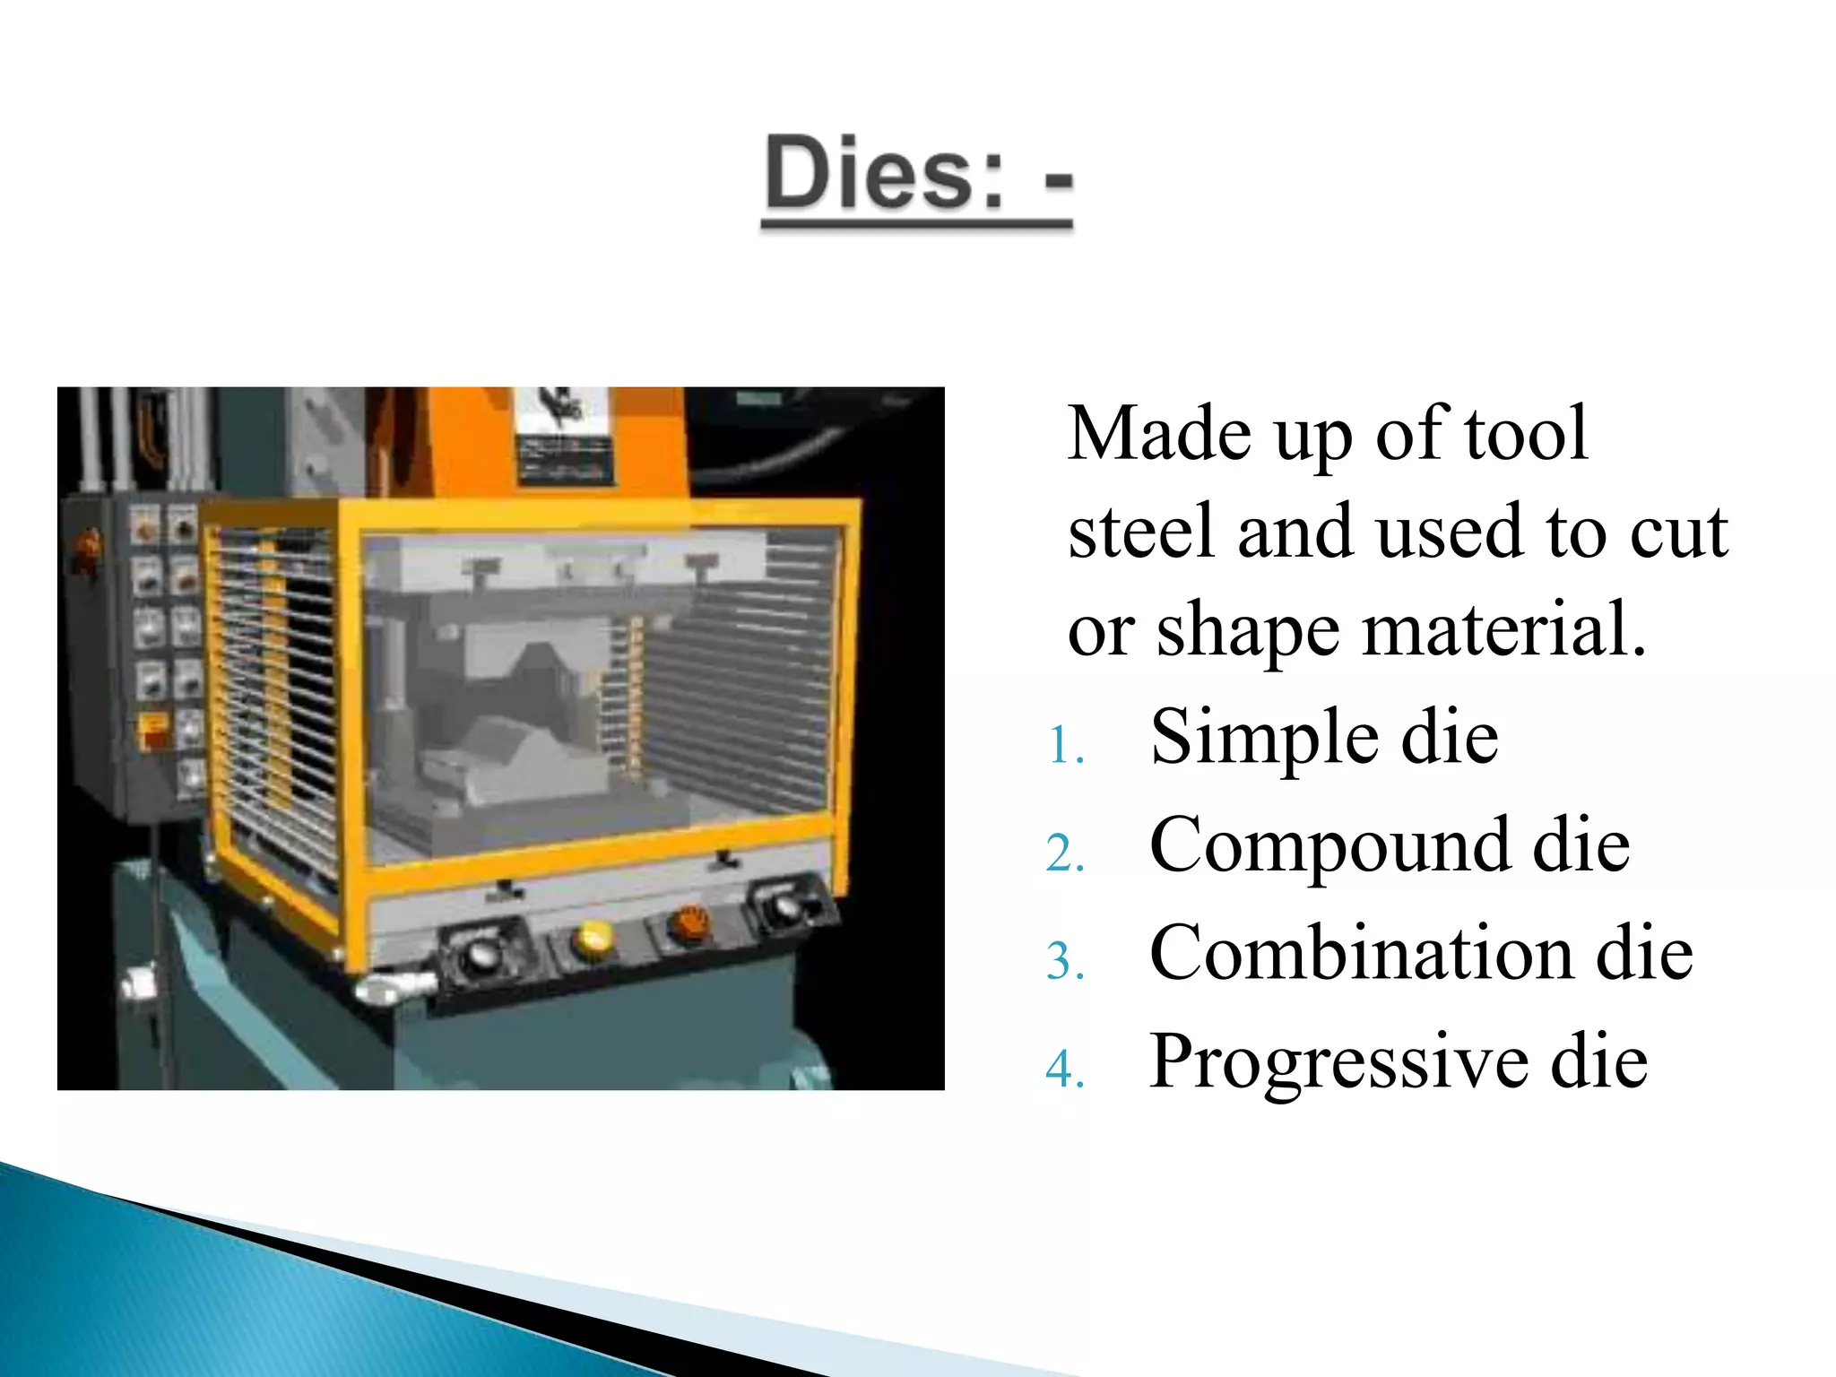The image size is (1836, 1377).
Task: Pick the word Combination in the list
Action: tap(1361, 953)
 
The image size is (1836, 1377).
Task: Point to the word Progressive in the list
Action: tap(1338, 1062)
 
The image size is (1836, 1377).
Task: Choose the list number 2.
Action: tap(1065, 853)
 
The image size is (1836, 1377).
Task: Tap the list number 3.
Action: tap(1065, 962)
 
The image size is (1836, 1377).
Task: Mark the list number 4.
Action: tap(1065, 1070)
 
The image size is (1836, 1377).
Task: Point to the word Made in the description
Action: tap(1158, 434)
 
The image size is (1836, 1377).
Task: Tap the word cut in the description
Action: tap(1677, 533)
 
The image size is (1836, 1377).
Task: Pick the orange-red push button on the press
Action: tap(689, 922)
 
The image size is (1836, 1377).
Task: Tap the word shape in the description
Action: tap(1248, 631)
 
